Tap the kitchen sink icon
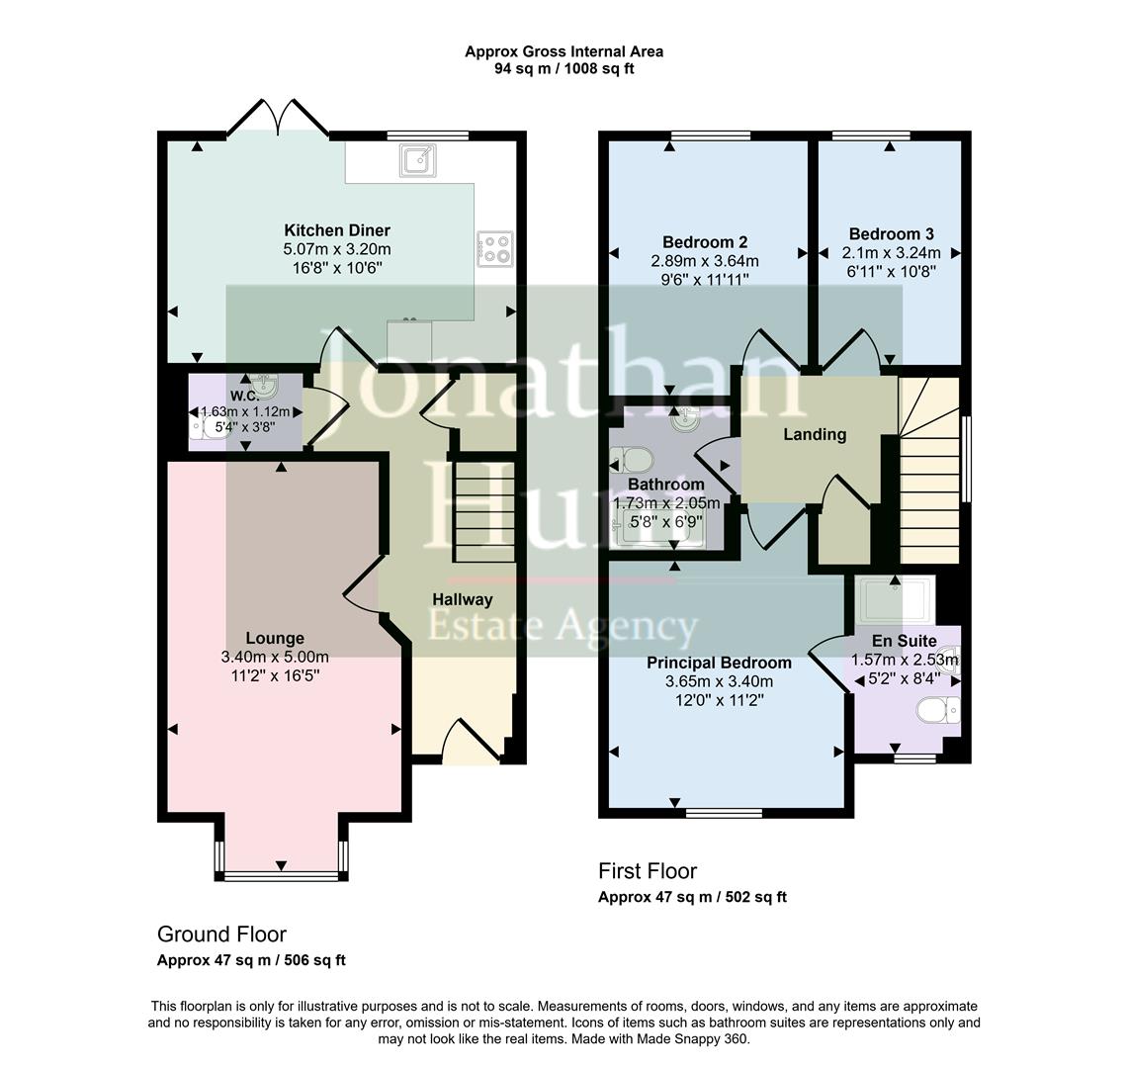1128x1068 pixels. pos(417,159)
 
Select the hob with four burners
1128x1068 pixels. pos(495,248)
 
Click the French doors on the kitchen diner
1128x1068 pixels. pos(278,119)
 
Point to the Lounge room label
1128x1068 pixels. pos(275,638)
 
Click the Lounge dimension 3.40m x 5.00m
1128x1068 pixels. pos(275,657)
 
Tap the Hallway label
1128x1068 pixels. pos(462,599)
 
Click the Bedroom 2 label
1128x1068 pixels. pos(704,242)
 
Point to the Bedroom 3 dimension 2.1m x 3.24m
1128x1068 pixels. pos(891,253)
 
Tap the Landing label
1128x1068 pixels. pos(815,434)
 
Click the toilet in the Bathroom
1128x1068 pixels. pos(630,459)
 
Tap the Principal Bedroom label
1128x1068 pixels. pos(719,663)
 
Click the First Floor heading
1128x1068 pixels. pos(648,871)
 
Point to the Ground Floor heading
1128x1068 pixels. pos(221,934)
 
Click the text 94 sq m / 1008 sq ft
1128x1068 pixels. pos(564,69)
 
